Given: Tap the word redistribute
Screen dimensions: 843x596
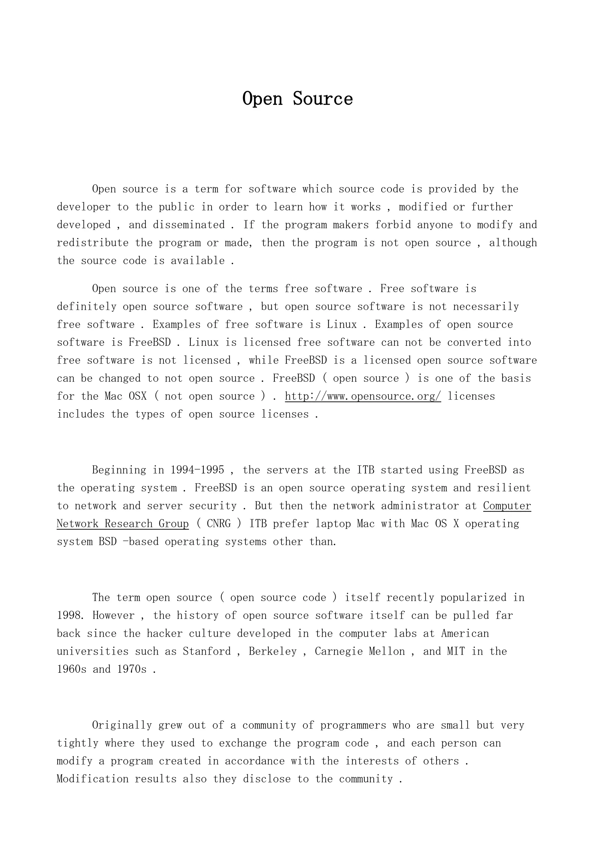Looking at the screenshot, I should tap(93, 243).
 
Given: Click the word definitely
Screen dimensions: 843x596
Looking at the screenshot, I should tap(87, 307).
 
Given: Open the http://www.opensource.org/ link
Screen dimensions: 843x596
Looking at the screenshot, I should tap(363, 396).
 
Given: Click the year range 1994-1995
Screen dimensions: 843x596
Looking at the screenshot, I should tap(197, 470).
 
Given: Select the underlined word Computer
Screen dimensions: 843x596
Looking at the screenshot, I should tap(507, 506).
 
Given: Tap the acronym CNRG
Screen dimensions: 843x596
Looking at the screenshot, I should tap(219, 524).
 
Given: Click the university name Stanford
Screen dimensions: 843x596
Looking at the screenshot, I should tap(207, 651).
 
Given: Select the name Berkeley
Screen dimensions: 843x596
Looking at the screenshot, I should tap(273, 651).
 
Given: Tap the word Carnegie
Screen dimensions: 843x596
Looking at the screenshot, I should tap(338, 651).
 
